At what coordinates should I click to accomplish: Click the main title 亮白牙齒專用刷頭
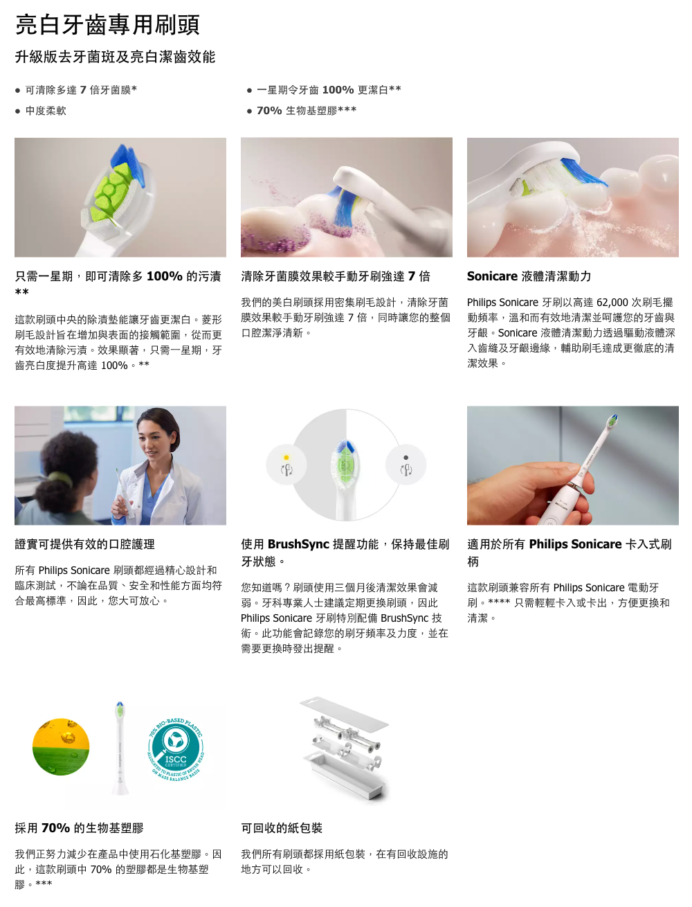107,25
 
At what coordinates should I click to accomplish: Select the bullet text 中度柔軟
46,111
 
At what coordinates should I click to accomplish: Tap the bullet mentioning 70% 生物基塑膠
307,111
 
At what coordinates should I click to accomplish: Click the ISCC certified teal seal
176,749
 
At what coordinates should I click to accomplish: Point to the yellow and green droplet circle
61,746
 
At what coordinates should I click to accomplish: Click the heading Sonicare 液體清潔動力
529,276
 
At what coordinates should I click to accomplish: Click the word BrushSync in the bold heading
298,544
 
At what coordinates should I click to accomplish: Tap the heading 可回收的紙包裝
282,828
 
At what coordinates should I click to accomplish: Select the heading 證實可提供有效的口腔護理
84,544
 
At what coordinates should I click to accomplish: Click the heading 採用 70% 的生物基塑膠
79,828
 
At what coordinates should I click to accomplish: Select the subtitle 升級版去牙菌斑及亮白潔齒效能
115,57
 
